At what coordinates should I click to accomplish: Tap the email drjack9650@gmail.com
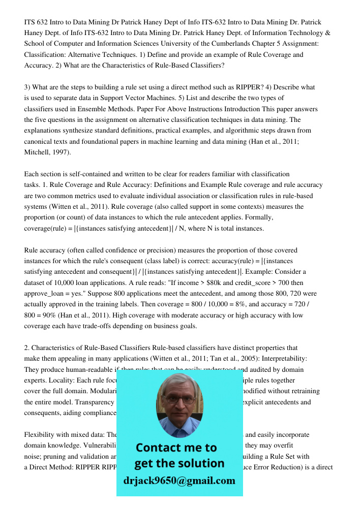179,480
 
